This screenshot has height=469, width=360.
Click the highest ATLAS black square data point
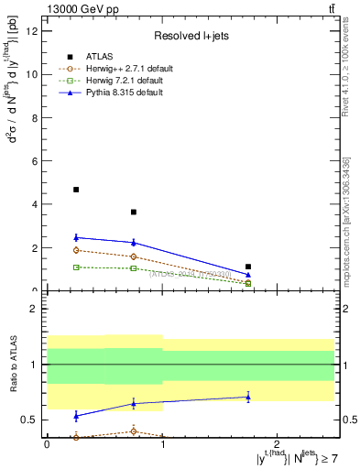[x=76, y=190]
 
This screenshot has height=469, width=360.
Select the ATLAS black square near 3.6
[x=134, y=212]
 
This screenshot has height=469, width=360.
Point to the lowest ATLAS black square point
[x=248, y=267]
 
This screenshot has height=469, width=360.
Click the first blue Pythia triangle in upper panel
[x=76, y=237]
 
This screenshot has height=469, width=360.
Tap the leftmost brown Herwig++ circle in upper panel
[x=76, y=250]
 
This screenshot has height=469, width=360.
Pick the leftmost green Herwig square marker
[x=76, y=267]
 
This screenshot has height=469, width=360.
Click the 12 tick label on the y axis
[x=33, y=31]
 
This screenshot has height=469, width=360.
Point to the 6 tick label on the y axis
[x=36, y=161]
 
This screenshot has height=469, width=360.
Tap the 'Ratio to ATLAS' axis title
[x=13, y=365]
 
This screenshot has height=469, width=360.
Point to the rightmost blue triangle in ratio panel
[x=248, y=397]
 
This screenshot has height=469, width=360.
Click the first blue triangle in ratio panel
[x=76, y=415]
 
